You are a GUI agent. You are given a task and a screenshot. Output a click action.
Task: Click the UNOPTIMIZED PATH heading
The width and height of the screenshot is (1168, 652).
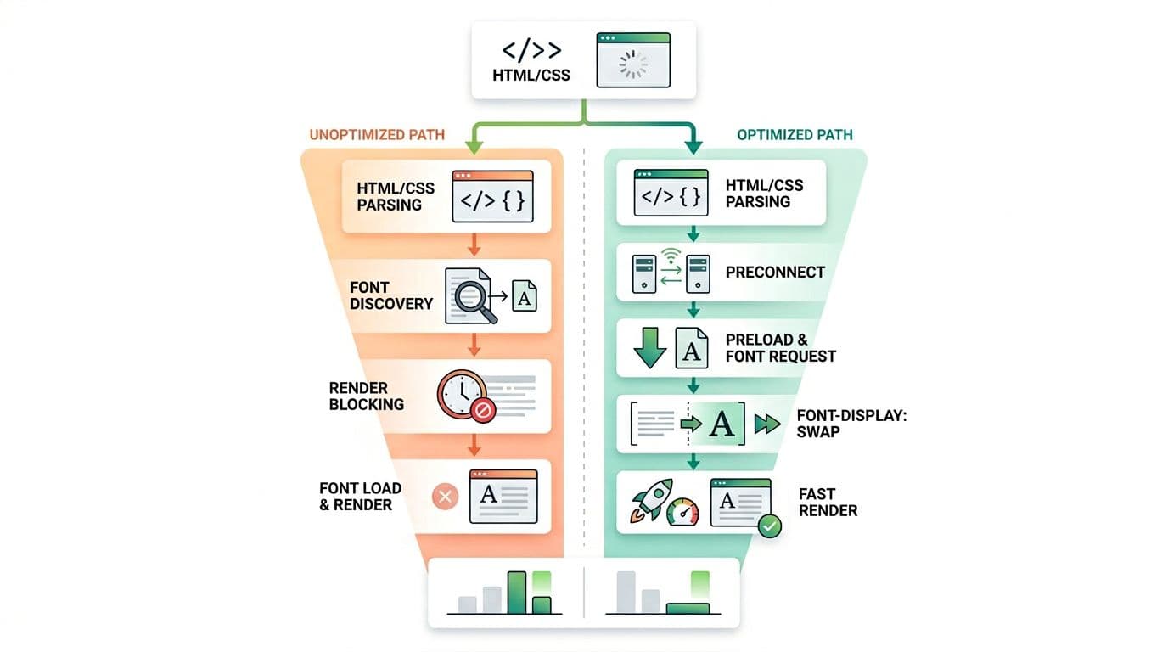377,134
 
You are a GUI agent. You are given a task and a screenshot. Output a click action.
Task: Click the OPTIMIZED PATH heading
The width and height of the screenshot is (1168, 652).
795,134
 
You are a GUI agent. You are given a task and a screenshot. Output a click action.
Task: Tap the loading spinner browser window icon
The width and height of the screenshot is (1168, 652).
633,60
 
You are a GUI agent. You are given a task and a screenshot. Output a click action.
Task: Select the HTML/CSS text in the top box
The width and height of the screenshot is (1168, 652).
531,75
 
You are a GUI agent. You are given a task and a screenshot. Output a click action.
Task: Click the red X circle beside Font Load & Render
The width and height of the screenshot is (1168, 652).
446,497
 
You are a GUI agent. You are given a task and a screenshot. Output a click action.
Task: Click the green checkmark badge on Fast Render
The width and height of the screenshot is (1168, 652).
770,526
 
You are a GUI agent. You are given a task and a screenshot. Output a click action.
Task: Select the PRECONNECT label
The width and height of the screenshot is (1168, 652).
775,273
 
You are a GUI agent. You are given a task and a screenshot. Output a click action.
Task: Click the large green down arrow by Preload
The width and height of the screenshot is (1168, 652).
650,346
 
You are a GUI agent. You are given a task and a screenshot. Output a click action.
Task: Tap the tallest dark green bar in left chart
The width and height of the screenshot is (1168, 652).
517,592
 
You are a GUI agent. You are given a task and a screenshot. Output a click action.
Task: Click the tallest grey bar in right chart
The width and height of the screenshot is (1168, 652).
626,592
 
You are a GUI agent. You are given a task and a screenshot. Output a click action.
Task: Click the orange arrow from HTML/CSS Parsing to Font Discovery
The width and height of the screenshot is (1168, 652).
474,244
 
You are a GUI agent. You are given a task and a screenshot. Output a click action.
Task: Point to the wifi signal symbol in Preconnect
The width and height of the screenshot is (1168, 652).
671,253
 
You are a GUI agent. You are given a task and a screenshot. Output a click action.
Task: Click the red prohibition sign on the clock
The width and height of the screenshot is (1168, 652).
482,412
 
